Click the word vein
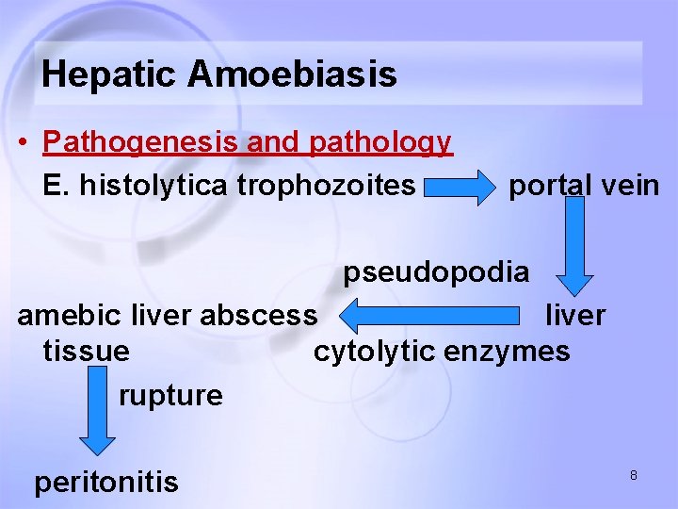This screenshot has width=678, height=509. coord(630,186)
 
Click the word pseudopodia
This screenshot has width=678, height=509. coord(436,272)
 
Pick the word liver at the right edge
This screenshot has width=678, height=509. coord(575,314)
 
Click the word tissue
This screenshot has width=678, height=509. coord(87,352)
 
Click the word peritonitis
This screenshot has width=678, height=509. coord(106,483)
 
